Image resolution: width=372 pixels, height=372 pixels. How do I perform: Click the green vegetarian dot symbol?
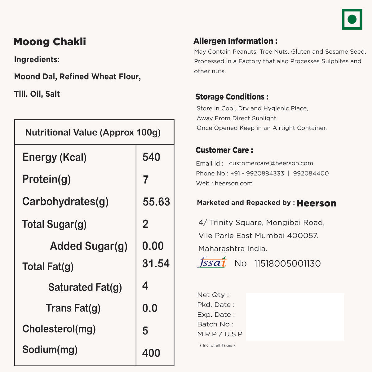click(x=352, y=19)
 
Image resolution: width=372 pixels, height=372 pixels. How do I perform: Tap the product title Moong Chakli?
click(x=50, y=42)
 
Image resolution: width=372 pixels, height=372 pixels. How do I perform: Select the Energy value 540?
click(x=151, y=157)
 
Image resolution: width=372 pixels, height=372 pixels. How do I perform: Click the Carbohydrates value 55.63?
click(x=156, y=202)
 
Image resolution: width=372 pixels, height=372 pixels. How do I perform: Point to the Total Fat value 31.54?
click(x=156, y=263)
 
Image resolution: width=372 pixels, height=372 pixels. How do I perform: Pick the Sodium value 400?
click(x=151, y=353)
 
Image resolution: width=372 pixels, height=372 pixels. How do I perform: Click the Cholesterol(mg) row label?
click(x=59, y=329)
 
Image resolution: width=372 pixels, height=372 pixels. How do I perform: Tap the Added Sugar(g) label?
click(x=89, y=246)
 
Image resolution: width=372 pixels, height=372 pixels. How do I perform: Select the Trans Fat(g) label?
click(x=73, y=308)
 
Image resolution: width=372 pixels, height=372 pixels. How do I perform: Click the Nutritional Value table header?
click(x=93, y=132)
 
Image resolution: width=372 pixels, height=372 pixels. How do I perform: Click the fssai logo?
click(x=212, y=263)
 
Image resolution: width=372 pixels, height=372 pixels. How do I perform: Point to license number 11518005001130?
click(x=287, y=263)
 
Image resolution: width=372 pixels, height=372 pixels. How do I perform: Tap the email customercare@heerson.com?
click(x=271, y=163)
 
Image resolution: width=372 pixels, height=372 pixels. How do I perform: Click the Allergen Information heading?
click(x=235, y=41)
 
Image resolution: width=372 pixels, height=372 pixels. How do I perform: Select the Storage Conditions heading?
click(x=232, y=97)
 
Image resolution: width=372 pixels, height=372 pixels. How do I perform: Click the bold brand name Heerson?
click(x=316, y=203)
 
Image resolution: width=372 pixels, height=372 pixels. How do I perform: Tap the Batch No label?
click(x=215, y=324)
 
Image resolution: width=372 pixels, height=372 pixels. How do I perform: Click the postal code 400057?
click(x=302, y=236)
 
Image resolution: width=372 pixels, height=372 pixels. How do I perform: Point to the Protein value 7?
click(x=146, y=180)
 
